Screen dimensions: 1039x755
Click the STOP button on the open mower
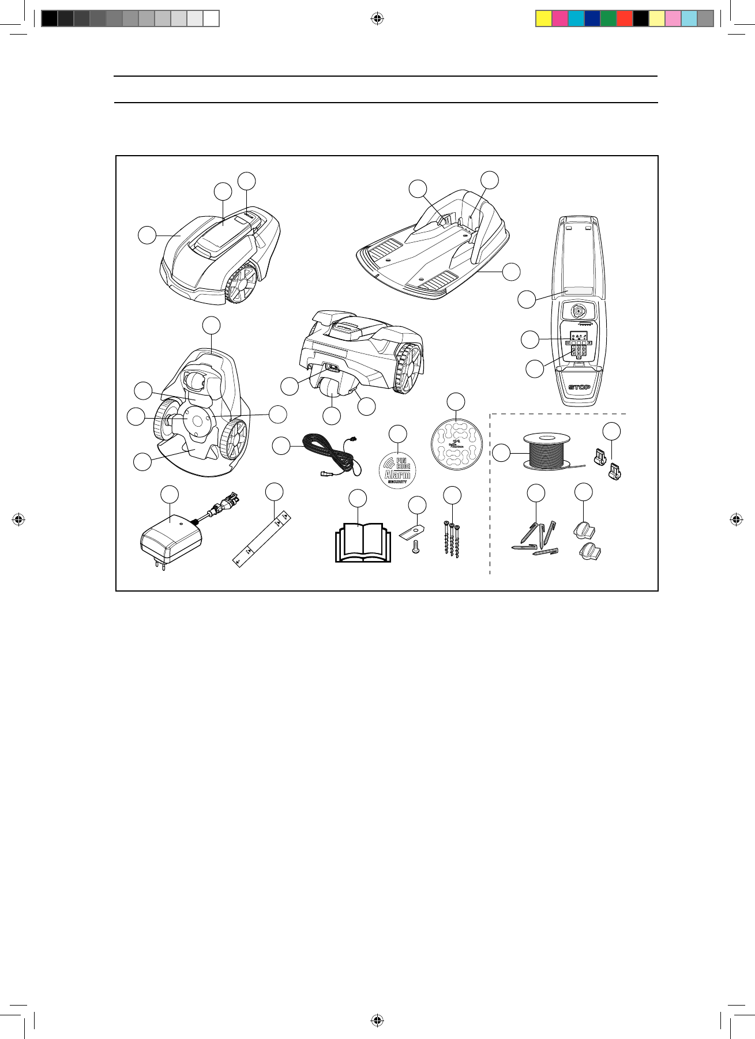click(x=579, y=387)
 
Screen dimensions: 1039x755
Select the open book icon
click(x=363, y=543)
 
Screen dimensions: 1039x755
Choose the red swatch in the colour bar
click(x=624, y=19)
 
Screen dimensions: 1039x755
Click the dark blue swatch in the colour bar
click(x=592, y=19)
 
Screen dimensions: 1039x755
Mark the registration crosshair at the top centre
click(x=377, y=19)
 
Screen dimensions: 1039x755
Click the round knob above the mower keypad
click(x=578, y=311)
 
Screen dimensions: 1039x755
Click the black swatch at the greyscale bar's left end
click(x=50, y=19)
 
